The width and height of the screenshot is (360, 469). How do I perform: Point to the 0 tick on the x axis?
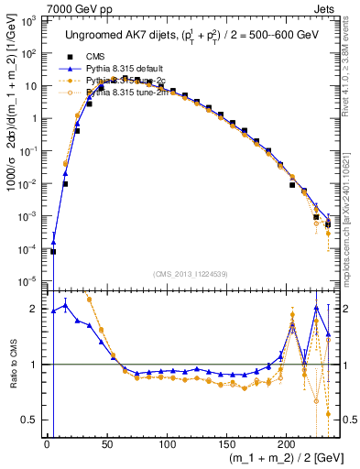click(x=47, y=443)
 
